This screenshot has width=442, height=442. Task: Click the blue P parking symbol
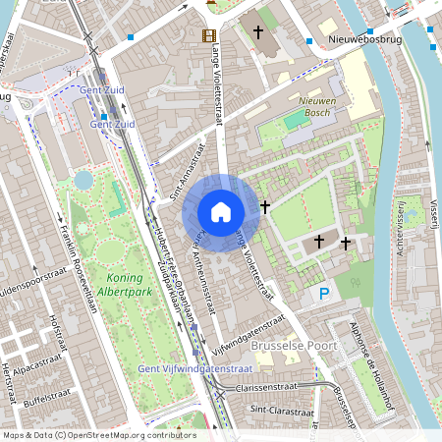(x=323, y=294)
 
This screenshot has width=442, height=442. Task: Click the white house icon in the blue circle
(x=221, y=211)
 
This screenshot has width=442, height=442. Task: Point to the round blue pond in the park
(x=83, y=180)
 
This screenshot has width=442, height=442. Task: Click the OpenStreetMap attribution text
(x=98, y=434)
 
